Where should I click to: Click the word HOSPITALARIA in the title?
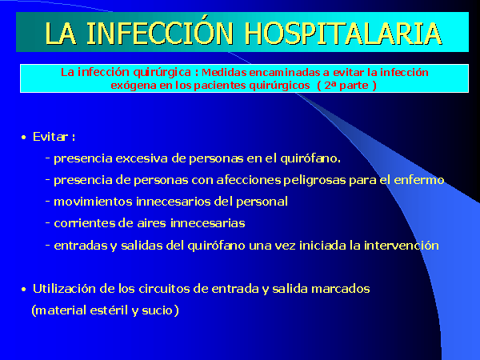click(x=343, y=34)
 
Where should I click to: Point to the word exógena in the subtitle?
click(x=133, y=86)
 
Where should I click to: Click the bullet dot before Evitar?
click(x=24, y=138)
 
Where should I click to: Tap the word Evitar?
click(x=50, y=137)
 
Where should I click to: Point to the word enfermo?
click(x=418, y=180)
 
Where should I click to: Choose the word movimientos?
click(x=94, y=202)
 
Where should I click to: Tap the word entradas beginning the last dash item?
click(x=81, y=246)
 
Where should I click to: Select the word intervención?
click(x=402, y=246)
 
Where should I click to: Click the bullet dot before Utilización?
click(x=24, y=290)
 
